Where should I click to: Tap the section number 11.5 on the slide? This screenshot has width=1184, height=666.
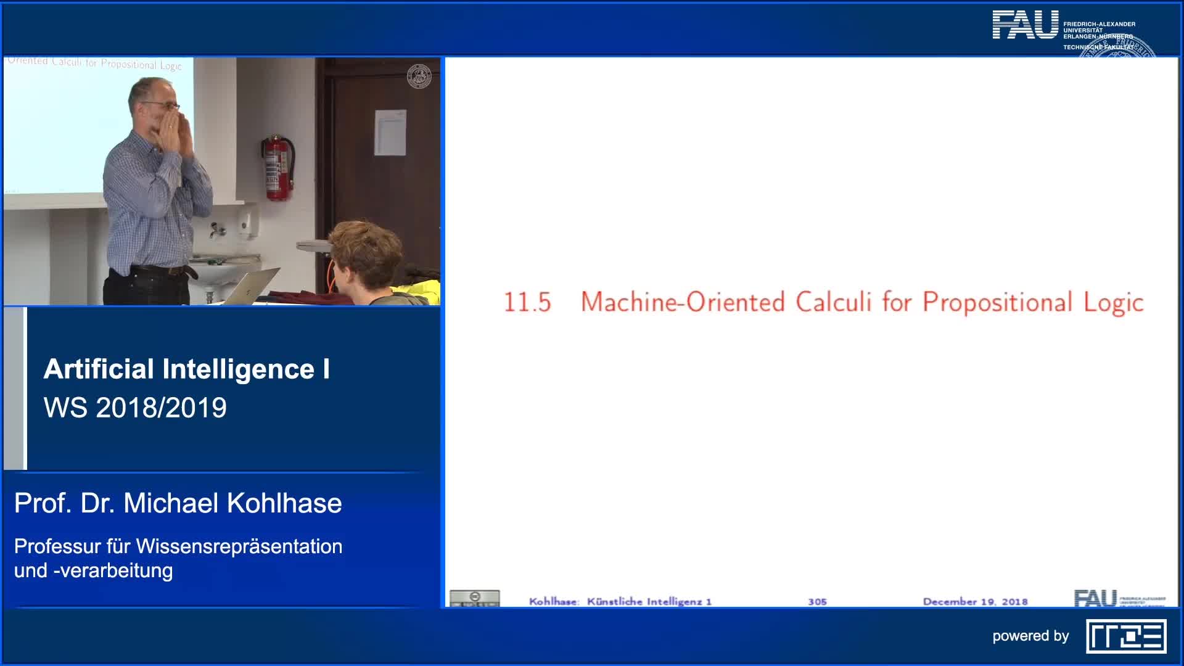pos(527,303)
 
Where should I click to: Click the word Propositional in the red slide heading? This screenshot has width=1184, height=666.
pos(997,303)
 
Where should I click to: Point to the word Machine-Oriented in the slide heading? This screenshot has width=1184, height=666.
pos(683,303)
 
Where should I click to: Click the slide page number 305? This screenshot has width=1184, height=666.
pos(817,602)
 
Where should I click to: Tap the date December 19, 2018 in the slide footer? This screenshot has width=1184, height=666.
pos(975,602)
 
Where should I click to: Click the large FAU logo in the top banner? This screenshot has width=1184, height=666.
pos(1025,25)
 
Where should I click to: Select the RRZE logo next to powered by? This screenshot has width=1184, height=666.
pos(1126,636)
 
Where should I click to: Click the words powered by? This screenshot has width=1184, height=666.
pos(1030,636)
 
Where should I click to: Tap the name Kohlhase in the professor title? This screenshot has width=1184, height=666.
pos(284,503)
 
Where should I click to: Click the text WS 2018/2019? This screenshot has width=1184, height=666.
pos(135,408)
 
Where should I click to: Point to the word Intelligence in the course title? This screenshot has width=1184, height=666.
pos(239,369)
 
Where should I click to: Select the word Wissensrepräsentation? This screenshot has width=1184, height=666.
pos(239,546)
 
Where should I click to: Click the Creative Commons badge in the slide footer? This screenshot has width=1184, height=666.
pos(474,598)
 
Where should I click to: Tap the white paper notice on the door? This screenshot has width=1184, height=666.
pos(390,132)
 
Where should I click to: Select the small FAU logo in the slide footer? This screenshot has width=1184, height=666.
pos(1095,599)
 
